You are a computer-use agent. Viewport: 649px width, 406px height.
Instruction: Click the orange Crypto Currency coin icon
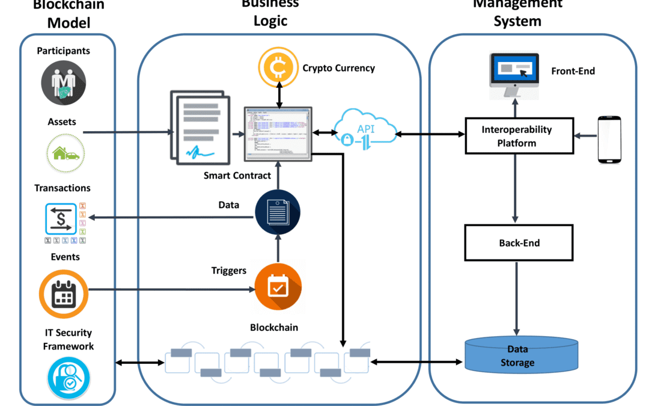(278, 68)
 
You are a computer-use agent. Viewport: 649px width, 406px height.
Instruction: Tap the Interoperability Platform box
(517, 136)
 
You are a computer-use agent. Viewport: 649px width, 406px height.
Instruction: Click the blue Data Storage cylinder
(522, 355)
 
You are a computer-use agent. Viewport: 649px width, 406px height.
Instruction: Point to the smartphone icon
(609, 139)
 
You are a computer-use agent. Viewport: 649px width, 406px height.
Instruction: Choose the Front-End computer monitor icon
(514, 75)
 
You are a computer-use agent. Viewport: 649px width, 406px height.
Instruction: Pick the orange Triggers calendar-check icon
(278, 288)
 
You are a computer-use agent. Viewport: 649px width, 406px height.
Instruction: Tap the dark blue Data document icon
(278, 212)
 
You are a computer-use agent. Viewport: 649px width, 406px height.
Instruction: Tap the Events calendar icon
(63, 294)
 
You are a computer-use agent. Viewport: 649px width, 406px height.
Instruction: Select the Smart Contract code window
(278, 134)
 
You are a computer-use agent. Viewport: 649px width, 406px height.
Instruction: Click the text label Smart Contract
(237, 176)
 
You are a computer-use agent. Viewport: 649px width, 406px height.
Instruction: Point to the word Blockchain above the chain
(274, 328)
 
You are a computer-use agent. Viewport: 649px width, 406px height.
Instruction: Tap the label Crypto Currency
(338, 68)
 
